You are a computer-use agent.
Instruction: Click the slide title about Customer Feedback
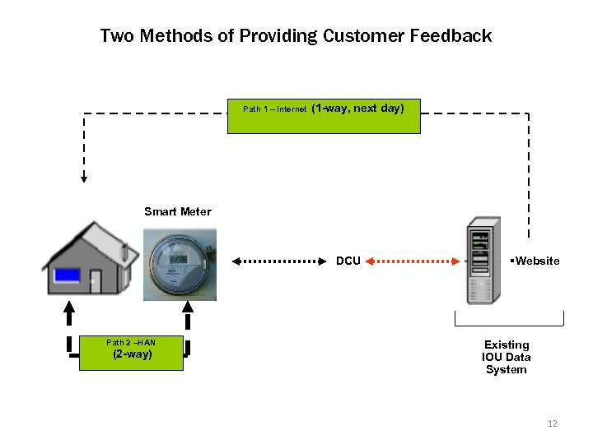[x=296, y=36]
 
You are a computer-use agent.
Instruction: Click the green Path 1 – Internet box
[x=324, y=117]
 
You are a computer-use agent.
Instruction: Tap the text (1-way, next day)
[x=358, y=108]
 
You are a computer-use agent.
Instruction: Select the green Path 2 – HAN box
[x=131, y=353]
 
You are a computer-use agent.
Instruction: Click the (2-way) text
[x=132, y=355]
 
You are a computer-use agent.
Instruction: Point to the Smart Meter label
[x=177, y=211]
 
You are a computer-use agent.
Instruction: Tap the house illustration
[x=90, y=258]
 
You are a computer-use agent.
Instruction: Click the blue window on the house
[x=67, y=275]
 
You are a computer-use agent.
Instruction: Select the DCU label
[x=348, y=261]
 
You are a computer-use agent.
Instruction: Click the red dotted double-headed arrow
[x=412, y=261]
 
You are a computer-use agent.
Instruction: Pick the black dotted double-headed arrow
[x=279, y=261]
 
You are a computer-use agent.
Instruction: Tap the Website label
[x=535, y=261]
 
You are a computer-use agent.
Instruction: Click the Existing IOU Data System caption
[x=507, y=357]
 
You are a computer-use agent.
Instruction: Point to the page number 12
[x=552, y=423]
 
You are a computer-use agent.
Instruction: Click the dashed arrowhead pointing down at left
[x=83, y=176]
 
